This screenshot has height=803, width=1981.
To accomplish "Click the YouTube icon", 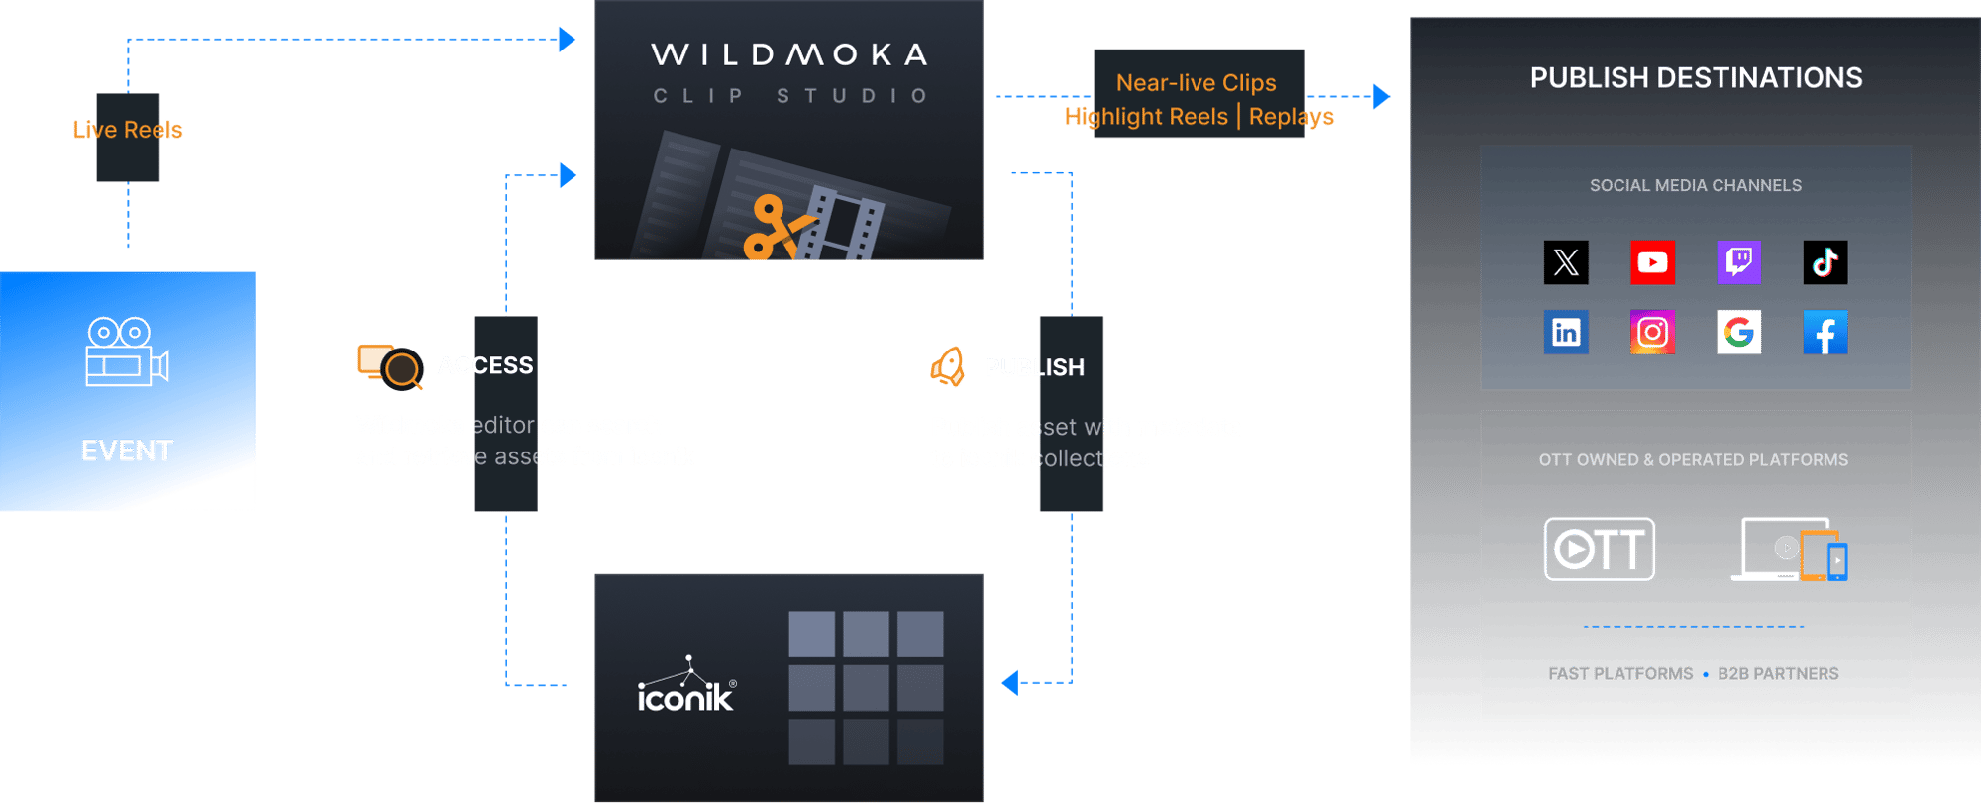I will click(x=1652, y=262).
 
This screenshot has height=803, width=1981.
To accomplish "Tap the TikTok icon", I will click(x=1825, y=262).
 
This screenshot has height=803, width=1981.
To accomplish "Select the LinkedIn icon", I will click(x=1566, y=332).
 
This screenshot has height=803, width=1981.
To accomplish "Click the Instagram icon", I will click(x=1652, y=332).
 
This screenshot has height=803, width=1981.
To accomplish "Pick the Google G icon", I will click(x=1738, y=332).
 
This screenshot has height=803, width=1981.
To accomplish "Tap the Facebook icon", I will click(x=1825, y=332).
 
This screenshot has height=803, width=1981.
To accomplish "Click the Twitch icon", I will click(x=1738, y=262).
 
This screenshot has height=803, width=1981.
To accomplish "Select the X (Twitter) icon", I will click(x=1566, y=262).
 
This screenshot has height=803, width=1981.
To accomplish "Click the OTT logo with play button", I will click(x=1599, y=549).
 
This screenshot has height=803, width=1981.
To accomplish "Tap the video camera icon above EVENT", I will click(x=127, y=351).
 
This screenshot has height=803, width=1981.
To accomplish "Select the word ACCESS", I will click(x=485, y=365).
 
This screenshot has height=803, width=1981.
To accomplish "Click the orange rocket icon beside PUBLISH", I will click(x=948, y=366).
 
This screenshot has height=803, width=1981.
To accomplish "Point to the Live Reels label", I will click(x=128, y=130).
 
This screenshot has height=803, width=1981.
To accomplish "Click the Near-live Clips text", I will click(x=1196, y=83).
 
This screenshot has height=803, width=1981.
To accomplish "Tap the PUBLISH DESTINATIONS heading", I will click(x=1696, y=78).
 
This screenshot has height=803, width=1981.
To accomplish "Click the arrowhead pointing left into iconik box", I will click(x=1009, y=682).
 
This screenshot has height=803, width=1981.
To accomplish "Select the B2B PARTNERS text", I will click(x=1778, y=674).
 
